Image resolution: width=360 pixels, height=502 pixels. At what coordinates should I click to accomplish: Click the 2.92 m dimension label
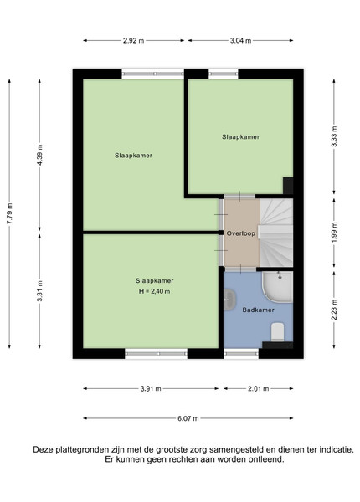point(134,41)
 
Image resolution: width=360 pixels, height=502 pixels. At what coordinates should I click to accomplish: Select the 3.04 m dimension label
point(240,41)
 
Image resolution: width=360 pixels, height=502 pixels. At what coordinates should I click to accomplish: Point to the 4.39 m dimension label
point(39,155)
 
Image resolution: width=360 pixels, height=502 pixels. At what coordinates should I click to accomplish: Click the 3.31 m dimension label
point(39,290)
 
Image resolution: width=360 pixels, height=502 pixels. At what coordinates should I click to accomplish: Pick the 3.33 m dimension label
point(334,136)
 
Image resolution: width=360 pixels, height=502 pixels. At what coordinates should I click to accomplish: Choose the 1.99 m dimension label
point(334,232)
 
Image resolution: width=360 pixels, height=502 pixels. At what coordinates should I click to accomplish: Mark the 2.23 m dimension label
point(334,310)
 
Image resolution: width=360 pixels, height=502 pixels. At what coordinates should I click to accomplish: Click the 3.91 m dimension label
point(151,389)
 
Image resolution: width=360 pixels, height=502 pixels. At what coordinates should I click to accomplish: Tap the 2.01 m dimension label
point(259,389)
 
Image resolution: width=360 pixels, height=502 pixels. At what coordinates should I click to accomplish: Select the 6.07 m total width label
point(188,418)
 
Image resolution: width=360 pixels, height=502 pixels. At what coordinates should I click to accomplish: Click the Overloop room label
point(241,233)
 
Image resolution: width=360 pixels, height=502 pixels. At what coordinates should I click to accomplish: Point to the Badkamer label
point(258,310)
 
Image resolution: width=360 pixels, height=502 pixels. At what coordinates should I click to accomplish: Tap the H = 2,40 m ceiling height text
point(154,291)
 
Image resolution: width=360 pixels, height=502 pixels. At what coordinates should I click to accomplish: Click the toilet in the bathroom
point(278,332)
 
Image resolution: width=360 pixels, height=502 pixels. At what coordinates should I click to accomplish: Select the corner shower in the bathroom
point(277,287)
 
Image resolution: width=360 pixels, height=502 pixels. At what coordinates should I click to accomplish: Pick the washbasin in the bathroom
point(229,300)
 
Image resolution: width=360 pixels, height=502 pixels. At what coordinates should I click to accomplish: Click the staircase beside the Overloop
point(276,233)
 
